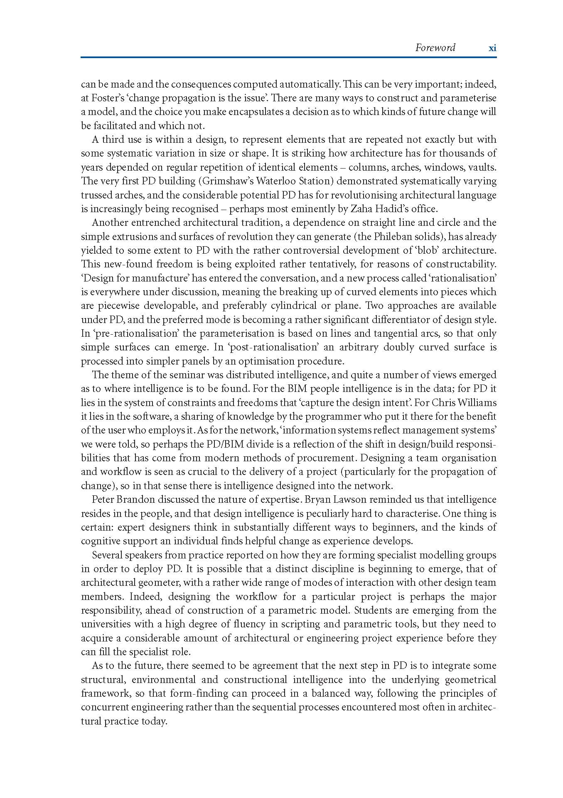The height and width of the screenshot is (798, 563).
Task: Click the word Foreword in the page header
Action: [435, 48]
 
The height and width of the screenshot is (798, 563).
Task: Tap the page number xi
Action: [492, 48]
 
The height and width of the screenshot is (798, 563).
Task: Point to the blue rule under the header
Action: [288, 57]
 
